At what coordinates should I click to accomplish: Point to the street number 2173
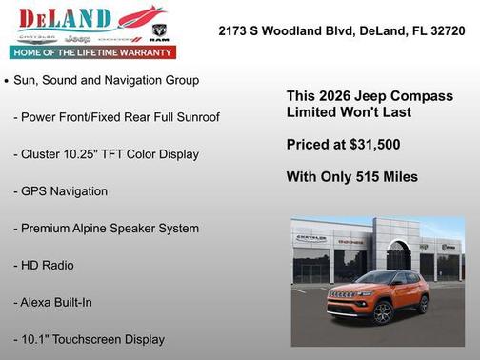(233, 30)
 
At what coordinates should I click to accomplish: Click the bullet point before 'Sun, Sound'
(8, 82)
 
